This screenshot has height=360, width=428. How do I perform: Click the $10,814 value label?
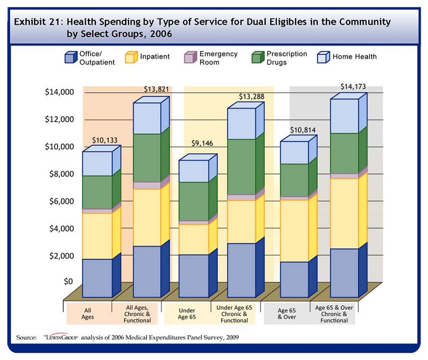point(302,130)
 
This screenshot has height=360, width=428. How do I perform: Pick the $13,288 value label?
point(253,96)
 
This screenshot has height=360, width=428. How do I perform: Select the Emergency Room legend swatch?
point(189,58)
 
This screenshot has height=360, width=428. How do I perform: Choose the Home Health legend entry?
point(347,57)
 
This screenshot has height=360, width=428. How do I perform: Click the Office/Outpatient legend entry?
point(90,58)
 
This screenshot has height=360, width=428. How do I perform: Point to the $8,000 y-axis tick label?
point(59,174)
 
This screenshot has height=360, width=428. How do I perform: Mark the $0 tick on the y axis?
point(68,281)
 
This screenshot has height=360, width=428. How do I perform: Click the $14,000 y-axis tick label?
point(58,92)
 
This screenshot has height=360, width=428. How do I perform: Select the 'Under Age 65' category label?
point(186,314)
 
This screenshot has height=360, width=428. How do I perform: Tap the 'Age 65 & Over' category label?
point(286,314)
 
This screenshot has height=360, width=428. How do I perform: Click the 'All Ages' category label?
point(88,314)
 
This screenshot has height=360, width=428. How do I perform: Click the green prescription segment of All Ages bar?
point(97,192)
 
